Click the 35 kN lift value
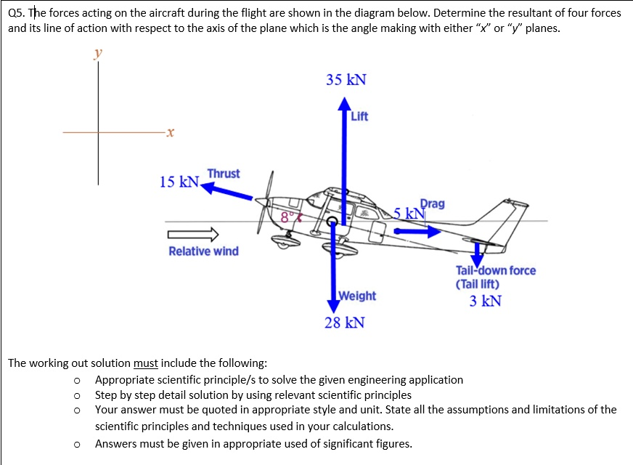[x=346, y=80]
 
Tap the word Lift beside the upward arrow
[x=359, y=116]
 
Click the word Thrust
[x=223, y=174]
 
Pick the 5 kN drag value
[x=407, y=214]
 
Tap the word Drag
[x=433, y=204]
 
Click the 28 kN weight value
[x=344, y=323]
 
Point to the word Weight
[x=357, y=296]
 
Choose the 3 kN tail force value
[x=485, y=301]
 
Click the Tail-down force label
[x=496, y=270]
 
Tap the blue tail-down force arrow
[x=478, y=254]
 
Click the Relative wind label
[x=203, y=251]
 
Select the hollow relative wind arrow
[x=193, y=234]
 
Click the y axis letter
[x=98, y=53]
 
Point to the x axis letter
[x=168, y=133]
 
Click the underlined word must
[x=147, y=363]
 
